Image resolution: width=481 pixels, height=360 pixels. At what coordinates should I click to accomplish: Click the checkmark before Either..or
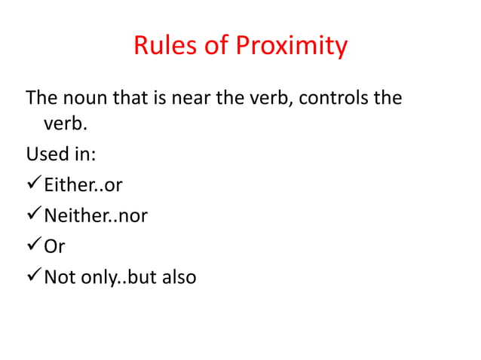coord(33,186)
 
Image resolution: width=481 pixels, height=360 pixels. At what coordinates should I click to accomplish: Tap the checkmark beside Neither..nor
coord(33,216)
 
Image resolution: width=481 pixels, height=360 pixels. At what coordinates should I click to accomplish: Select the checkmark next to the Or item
coord(33,246)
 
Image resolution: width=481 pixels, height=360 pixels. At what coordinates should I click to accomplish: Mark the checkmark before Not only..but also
coord(33,276)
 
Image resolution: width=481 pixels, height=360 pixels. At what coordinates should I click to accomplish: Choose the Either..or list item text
coord(83,186)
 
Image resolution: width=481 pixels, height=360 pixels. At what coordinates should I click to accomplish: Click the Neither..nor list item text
coord(96,216)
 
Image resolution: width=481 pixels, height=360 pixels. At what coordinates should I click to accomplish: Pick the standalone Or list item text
coord(55,246)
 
